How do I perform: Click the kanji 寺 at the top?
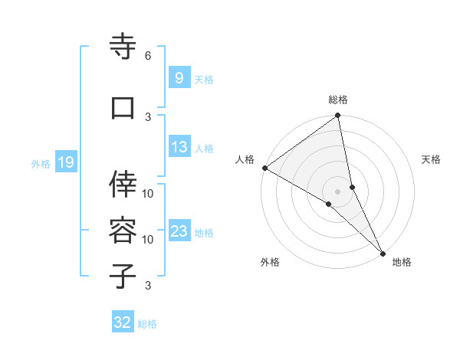click(x=123, y=47)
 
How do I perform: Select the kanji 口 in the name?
click(x=123, y=108)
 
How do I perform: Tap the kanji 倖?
click(x=123, y=183)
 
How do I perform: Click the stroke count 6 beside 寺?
click(x=148, y=56)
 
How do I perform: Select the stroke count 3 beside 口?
click(x=148, y=116)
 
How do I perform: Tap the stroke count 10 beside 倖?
click(x=148, y=193)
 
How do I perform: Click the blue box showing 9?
click(x=179, y=77)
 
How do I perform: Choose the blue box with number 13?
click(x=179, y=147)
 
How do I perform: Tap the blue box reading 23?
click(x=179, y=231)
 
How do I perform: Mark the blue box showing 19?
click(x=65, y=162)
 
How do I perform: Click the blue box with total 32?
click(x=123, y=322)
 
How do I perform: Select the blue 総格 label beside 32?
click(x=148, y=324)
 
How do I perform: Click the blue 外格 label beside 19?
click(x=41, y=163)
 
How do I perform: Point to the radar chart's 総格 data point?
click(x=338, y=116)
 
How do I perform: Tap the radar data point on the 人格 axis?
click(x=264, y=168)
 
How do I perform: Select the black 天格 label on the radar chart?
click(x=432, y=160)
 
